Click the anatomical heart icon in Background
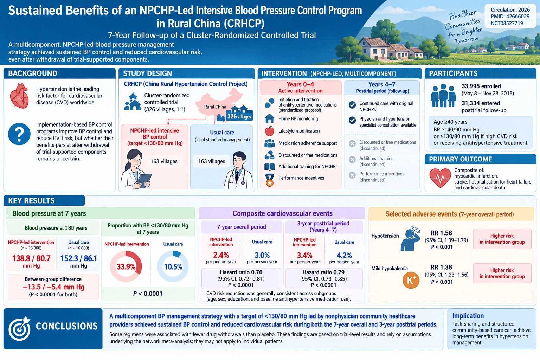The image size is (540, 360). tap(19, 96)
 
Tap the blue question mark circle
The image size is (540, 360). tap(19, 134)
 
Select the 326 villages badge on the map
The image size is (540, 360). tap(239, 117)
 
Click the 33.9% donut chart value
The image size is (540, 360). tap(126, 267)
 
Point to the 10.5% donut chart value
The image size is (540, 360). tap(173, 267)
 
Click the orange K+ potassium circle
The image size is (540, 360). tap(411, 280)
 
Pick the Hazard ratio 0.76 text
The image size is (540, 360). tap(241, 272)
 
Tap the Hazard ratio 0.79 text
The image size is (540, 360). tap(323, 272)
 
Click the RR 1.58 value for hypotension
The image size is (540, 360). tap(442, 233)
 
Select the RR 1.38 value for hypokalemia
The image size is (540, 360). tap(442, 267)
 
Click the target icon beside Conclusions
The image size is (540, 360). tap(19, 328)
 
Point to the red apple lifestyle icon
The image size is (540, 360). tap(270, 131)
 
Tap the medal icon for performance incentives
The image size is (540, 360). tap(270, 180)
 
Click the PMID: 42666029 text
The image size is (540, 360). tap(510, 17)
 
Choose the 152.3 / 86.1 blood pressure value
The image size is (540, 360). tap(79, 258)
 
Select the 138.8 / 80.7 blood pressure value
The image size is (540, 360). tap(31, 258)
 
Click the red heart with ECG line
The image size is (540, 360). tap(440, 178)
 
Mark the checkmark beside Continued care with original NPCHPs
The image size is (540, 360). tap(352, 105)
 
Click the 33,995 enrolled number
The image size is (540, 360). tap(481, 86)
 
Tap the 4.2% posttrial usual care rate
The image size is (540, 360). tap(344, 255)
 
